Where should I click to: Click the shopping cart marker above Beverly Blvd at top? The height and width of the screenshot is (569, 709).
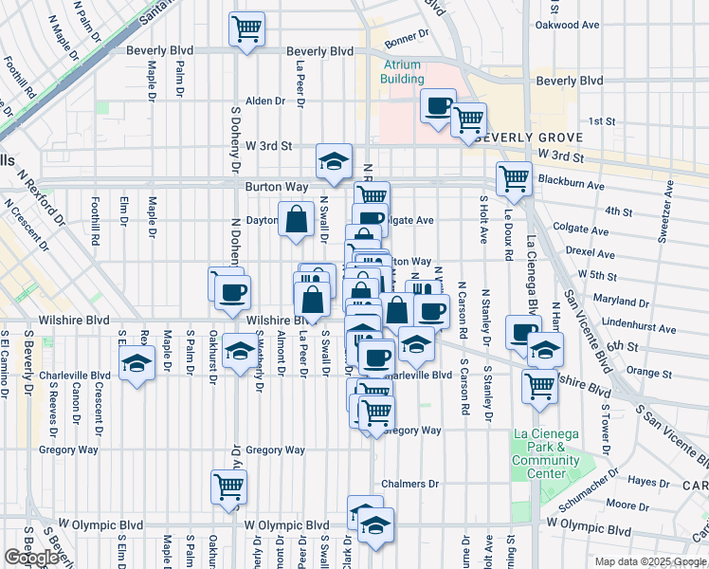tap(247, 28)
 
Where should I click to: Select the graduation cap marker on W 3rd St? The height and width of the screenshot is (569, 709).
tap(334, 160)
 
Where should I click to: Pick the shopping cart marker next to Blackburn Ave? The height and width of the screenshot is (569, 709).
tap(514, 177)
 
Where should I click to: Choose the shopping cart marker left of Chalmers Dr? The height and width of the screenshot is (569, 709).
tap(228, 486)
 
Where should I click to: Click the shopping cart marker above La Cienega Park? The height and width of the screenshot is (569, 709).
tap(539, 385)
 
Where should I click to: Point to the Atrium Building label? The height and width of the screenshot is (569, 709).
tap(402, 72)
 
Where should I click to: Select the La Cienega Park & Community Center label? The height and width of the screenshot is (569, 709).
tap(545, 453)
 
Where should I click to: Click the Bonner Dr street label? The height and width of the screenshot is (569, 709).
tap(408, 44)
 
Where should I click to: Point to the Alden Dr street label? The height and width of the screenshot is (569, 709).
tap(265, 101)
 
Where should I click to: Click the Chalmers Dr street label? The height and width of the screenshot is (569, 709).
tap(410, 484)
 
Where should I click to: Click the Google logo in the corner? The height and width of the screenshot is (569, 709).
tap(31, 558)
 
